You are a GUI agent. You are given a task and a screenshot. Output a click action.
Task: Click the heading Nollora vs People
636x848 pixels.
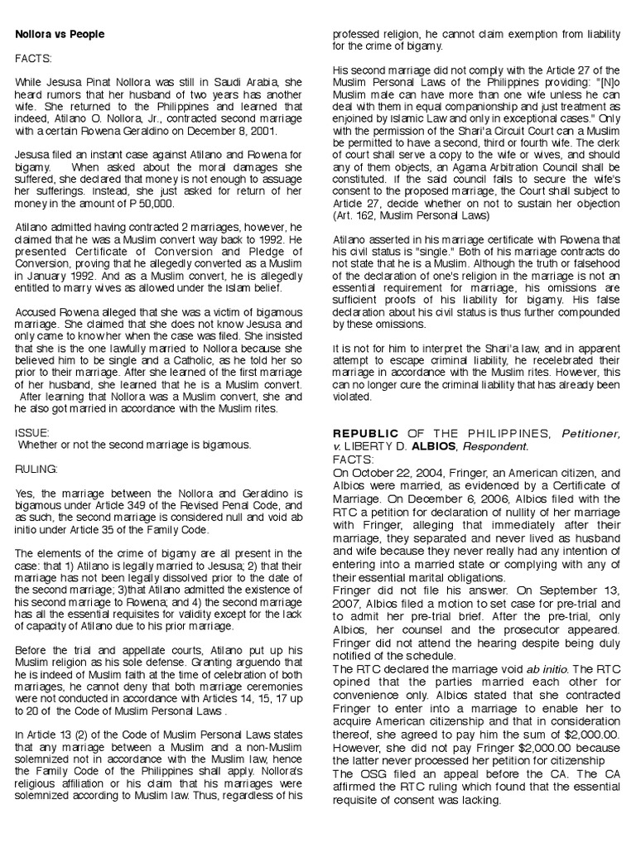[58, 36]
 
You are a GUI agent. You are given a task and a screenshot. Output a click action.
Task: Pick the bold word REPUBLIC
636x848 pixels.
[365, 433]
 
